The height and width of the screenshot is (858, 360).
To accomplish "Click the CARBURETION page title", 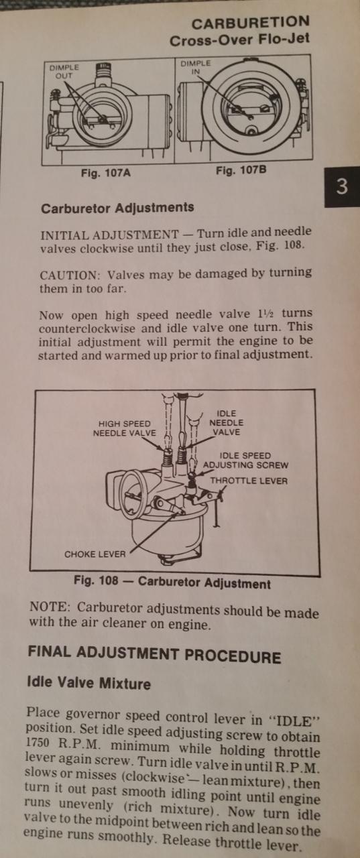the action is pyautogui.click(x=251, y=23).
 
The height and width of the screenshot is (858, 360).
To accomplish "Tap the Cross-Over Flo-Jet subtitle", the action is pyautogui.click(x=239, y=40).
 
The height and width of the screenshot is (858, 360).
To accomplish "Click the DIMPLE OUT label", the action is pyautogui.click(x=64, y=72).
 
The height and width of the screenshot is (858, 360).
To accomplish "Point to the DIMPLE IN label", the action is pyautogui.click(x=195, y=67).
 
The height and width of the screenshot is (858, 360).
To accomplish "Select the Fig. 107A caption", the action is pyautogui.click(x=106, y=173).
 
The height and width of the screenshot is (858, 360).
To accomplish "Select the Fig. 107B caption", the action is pyautogui.click(x=241, y=170).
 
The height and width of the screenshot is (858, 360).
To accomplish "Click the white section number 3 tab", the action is pyautogui.click(x=342, y=186).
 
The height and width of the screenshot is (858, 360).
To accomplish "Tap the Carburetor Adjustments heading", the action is pyautogui.click(x=117, y=208).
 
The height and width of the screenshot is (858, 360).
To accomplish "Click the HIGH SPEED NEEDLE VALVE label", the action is pyautogui.click(x=125, y=428).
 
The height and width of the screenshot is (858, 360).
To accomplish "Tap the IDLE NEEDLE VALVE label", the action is pyautogui.click(x=227, y=423).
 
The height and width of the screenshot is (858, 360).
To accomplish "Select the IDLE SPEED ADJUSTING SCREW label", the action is pyautogui.click(x=245, y=461).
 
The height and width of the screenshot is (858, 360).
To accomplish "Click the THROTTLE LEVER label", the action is pyautogui.click(x=249, y=481).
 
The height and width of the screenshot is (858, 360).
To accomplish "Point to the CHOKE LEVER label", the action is pyautogui.click(x=95, y=554).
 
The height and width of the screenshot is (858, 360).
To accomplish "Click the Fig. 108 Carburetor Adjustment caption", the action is pyautogui.click(x=172, y=583).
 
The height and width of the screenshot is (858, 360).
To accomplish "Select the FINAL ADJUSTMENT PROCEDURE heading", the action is pyautogui.click(x=154, y=655).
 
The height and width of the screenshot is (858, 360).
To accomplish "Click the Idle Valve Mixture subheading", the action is pyautogui.click(x=89, y=683).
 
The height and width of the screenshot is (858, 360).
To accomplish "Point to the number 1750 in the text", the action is pyautogui.click(x=38, y=742).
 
